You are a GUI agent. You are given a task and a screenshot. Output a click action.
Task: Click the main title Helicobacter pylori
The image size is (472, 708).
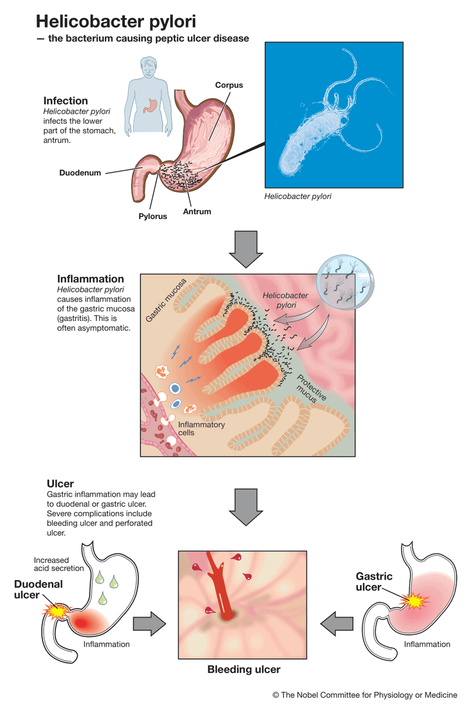click(116, 21)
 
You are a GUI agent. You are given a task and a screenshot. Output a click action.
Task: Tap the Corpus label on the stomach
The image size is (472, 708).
click(228, 86)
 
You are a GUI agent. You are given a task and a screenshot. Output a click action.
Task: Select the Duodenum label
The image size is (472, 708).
click(80, 173)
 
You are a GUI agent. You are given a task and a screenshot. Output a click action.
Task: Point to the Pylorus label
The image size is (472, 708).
click(153, 216)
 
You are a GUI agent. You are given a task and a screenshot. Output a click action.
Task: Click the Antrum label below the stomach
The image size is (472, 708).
click(197, 211)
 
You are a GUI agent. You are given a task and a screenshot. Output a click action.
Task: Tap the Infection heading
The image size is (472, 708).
click(65, 101)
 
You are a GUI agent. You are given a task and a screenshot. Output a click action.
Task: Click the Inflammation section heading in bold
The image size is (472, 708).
click(90, 279)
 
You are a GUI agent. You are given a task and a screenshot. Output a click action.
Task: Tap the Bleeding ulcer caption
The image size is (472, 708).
click(244, 670)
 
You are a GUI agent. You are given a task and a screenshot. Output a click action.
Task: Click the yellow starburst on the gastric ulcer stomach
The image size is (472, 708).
click(412, 600)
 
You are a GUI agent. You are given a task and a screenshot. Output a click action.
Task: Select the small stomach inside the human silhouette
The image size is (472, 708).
click(150, 104)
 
